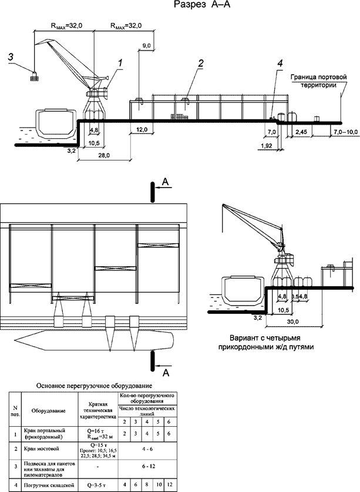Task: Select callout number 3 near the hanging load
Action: (10, 57)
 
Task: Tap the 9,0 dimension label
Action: (146, 45)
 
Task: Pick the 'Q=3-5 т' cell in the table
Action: (97, 485)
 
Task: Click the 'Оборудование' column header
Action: (49, 411)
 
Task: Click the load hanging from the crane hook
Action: (35, 75)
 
